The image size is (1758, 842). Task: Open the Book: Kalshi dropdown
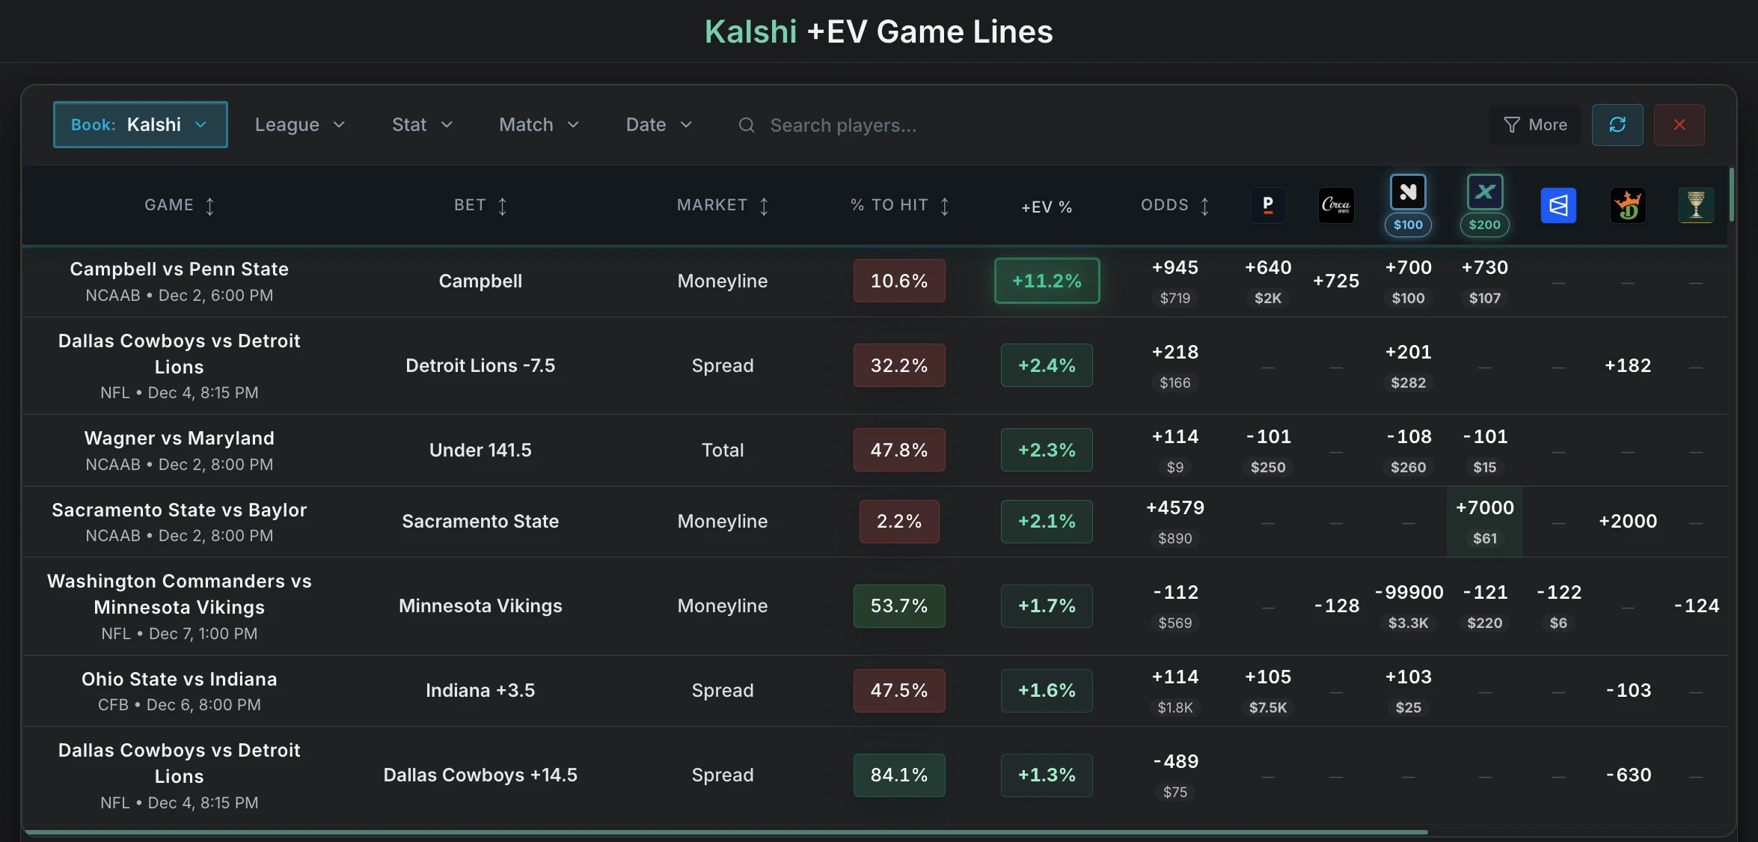pyautogui.click(x=140, y=124)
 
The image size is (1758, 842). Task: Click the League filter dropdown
pyautogui.click(x=299, y=125)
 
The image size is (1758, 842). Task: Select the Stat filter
pyautogui.click(x=422, y=125)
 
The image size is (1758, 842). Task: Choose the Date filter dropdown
pyautogui.click(x=658, y=125)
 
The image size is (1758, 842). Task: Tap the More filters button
pyautogui.click(x=1535, y=125)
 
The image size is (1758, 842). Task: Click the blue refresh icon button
pyautogui.click(x=1617, y=125)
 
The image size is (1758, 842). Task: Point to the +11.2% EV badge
pyautogui.click(x=1047, y=281)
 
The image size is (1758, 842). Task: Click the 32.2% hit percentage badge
pyautogui.click(x=899, y=365)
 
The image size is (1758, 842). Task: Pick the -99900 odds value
pyautogui.click(x=1409, y=593)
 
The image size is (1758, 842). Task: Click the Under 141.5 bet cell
pyautogui.click(x=480, y=450)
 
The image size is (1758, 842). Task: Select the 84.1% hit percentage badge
pyautogui.click(x=899, y=775)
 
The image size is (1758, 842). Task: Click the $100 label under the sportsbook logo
pyautogui.click(x=1408, y=225)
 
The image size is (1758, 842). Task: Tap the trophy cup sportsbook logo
pyautogui.click(x=1696, y=205)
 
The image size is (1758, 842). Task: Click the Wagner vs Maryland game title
pyautogui.click(x=179, y=438)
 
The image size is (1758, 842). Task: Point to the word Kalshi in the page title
pyautogui.click(x=750, y=31)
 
